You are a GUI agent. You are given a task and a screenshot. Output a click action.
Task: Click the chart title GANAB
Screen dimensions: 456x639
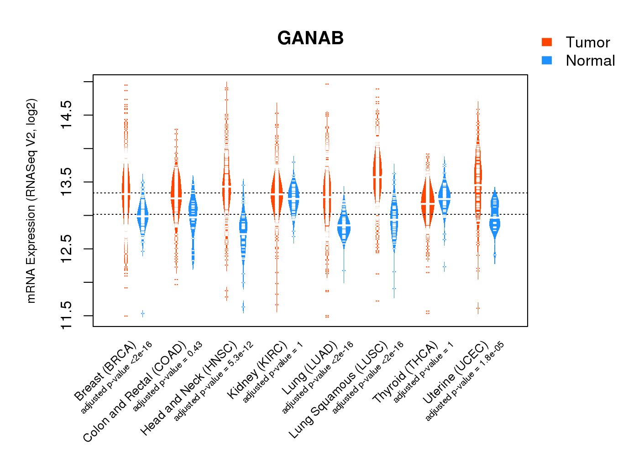(x=310, y=38)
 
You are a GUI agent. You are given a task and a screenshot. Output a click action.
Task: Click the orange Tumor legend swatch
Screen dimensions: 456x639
(x=547, y=42)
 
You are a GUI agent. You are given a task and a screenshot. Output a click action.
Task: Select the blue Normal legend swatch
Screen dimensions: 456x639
(x=547, y=60)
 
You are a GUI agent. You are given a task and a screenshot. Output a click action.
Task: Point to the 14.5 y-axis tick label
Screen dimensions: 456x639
(x=66, y=115)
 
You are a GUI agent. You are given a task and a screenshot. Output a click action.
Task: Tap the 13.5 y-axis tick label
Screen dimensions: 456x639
(x=66, y=182)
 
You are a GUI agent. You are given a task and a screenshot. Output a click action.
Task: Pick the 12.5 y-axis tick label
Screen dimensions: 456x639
(x=66, y=249)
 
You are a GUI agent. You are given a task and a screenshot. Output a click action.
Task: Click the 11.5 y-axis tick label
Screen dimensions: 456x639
(x=66, y=315)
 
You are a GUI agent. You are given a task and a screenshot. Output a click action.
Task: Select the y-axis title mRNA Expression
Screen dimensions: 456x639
(x=31, y=201)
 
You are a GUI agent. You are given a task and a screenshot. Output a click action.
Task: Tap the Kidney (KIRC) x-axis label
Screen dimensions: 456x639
(x=257, y=370)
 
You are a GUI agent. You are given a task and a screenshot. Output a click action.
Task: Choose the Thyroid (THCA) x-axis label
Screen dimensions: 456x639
(x=406, y=373)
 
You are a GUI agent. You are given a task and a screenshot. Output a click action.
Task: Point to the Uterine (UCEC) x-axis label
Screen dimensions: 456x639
(x=456, y=373)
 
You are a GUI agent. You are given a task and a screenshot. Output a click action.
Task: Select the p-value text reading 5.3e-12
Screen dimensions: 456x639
(x=214, y=380)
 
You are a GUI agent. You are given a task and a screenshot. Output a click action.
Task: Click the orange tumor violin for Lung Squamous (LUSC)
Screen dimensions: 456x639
(x=377, y=176)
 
